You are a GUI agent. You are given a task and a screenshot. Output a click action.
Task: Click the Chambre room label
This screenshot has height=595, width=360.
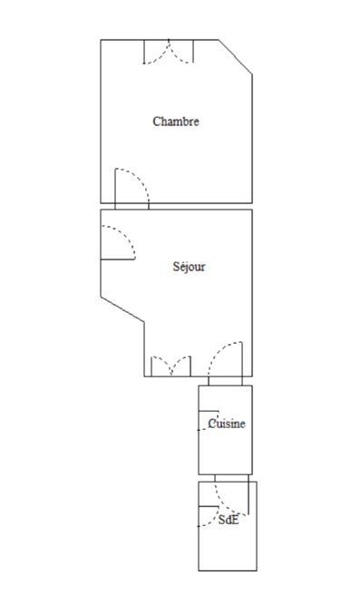tap(176, 122)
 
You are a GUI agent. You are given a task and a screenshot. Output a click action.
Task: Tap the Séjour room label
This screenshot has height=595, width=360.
tap(190, 267)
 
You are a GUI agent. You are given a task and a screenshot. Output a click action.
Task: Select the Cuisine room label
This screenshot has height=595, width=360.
tap(227, 424)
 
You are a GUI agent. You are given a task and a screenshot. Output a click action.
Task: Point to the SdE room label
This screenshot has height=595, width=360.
tap(229, 521)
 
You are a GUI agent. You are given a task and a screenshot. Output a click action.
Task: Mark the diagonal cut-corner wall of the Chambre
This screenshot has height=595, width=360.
tap(235, 56)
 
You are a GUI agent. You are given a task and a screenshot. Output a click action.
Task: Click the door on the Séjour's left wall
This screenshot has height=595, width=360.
tap(117, 242)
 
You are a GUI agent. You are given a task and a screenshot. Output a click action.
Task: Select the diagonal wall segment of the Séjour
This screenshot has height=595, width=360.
tap(122, 307)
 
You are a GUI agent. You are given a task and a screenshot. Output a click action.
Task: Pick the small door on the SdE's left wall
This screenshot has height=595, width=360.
tap(208, 515)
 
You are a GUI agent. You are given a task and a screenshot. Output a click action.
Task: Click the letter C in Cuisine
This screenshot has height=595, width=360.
tap(212, 424)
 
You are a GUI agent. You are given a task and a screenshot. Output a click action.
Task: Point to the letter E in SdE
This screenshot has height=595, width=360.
tap(235, 521)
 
